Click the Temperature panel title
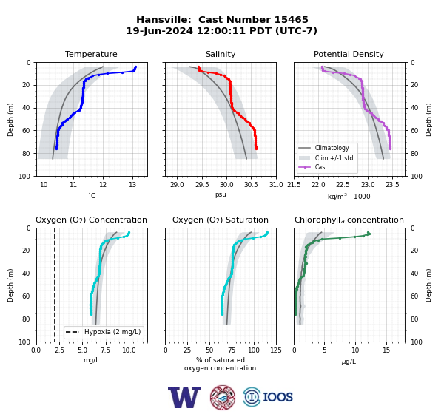click(91, 54)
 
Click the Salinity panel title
click(221, 54)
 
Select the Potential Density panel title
click(349, 54)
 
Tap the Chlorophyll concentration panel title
click(349, 220)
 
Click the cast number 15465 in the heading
click(291, 20)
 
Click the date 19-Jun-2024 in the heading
click(159, 30)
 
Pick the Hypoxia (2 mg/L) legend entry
click(103, 332)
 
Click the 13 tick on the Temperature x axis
click(132, 185)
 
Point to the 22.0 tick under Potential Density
click(318, 185)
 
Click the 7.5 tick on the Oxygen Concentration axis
click(106, 350)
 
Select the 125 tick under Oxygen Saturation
click(276, 350)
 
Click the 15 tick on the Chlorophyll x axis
click(386, 350)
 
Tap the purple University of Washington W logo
click(184, 397)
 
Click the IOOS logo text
click(277, 397)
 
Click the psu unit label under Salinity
click(221, 194)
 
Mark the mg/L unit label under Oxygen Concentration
click(92, 360)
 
